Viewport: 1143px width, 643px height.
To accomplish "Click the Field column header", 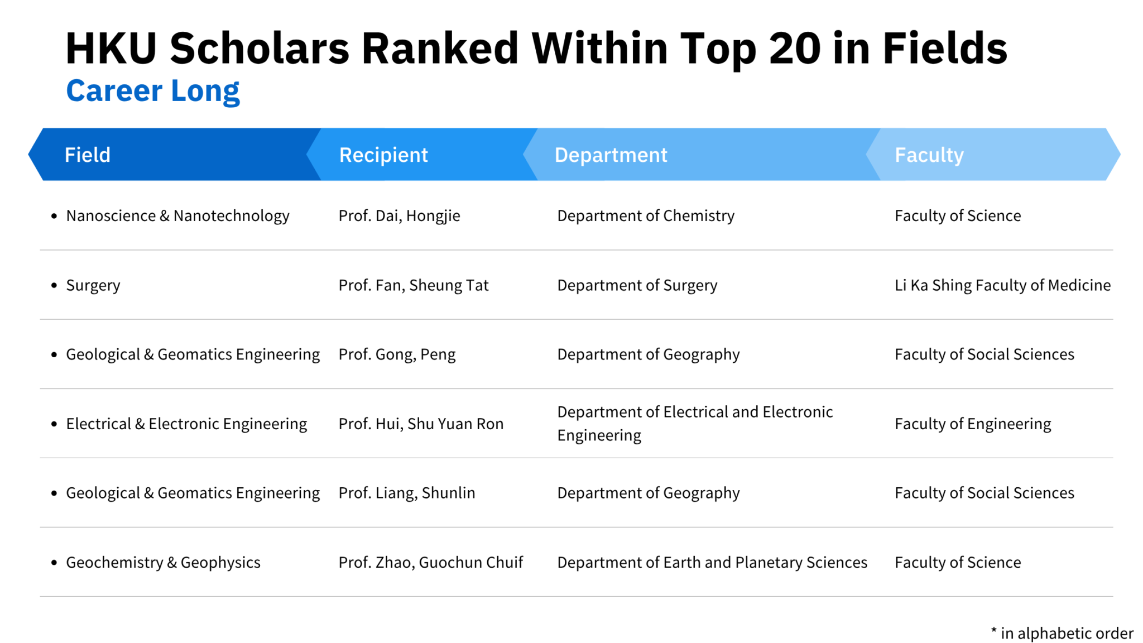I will point(88,155).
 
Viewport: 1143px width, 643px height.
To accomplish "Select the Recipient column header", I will point(383,155).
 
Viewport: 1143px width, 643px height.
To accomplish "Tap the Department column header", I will point(611,155).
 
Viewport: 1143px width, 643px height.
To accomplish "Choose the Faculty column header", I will point(929,155).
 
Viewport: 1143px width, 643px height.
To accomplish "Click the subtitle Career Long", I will point(153,90).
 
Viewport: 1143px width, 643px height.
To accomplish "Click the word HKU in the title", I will point(111,48).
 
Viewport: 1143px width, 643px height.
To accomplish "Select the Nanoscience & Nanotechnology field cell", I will point(177,215).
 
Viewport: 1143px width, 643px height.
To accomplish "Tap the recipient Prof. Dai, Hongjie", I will point(399,215).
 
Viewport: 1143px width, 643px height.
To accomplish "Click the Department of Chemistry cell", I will point(646,215).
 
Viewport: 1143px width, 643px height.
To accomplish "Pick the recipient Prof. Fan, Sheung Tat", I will point(413,285).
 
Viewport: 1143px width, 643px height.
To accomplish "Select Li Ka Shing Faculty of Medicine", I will point(1002,285).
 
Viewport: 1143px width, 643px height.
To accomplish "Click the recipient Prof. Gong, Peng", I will point(397,354).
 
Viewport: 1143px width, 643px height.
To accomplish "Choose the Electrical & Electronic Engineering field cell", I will point(186,424).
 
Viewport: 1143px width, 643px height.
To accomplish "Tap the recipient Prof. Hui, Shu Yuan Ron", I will point(421,424).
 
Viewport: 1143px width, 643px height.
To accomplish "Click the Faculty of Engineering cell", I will point(973,424).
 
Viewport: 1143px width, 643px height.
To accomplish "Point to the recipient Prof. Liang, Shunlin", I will point(407,493).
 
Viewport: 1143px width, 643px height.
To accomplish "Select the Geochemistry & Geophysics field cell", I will point(163,562).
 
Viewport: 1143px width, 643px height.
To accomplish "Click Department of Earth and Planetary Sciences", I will point(712,562).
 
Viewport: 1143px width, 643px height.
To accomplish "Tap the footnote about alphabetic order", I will point(1062,633).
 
